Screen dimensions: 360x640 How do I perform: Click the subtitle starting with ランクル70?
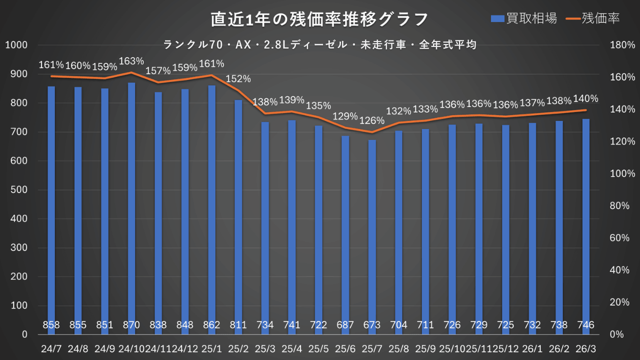pyautogui.click(x=319, y=44)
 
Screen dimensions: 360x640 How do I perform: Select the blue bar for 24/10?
pyautogui.click(x=131, y=200)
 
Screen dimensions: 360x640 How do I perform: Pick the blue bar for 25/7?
pyautogui.click(x=372, y=230)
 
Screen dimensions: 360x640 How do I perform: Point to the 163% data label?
pyautogui.click(x=131, y=61)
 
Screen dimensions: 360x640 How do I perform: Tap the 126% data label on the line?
pyautogui.click(x=372, y=120)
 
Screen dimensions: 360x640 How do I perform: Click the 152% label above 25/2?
pyautogui.click(x=238, y=79)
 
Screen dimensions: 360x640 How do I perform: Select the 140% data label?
pyautogui.click(x=585, y=98)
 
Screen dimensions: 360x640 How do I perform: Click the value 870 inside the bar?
pyautogui.click(x=131, y=325)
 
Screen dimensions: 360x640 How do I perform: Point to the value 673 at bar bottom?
pyautogui.click(x=372, y=325)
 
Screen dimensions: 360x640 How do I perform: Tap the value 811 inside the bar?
pyautogui.click(x=238, y=325)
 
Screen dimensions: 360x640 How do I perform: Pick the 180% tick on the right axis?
pyautogui.click(x=623, y=45)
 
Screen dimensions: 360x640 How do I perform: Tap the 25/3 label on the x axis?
pyautogui.click(x=265, y=347)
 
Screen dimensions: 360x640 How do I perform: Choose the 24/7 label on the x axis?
pyautogui.click(x=51, y=347)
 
